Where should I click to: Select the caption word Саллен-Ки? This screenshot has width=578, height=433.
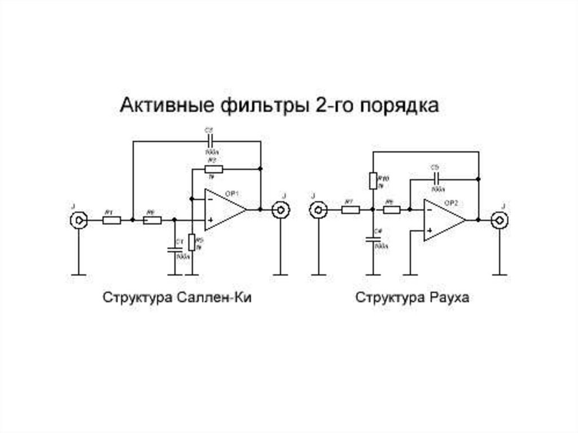coord(216,298)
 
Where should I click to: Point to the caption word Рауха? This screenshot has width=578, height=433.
coord(449,298)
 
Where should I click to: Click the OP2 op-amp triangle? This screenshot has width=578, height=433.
coord(444,220)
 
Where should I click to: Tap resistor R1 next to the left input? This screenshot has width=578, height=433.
coord(111,220)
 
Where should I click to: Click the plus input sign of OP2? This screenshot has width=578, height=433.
coord(430,230)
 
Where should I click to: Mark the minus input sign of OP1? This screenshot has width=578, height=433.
coord(210,199)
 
